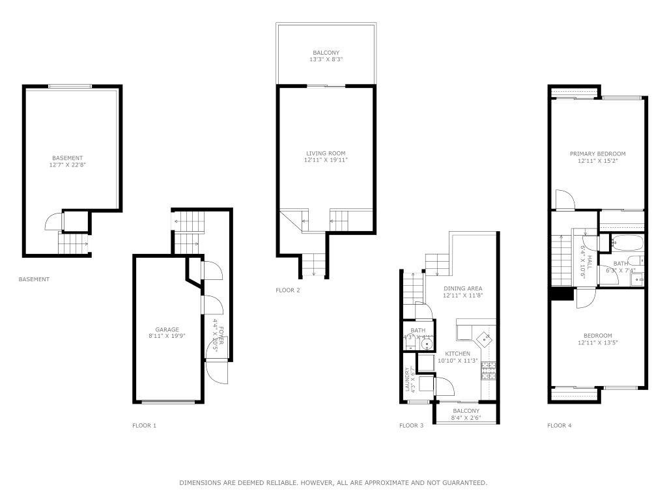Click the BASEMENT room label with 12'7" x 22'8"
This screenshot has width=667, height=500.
68,158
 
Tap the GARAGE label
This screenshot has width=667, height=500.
167,329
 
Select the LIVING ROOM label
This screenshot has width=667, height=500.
326,153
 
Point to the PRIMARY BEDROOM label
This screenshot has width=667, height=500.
597,154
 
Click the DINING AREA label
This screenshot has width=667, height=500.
463,288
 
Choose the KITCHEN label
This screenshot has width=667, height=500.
457,354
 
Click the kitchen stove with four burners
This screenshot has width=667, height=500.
489,371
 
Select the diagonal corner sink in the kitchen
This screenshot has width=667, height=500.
484,338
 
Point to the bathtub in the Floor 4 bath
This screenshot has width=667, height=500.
627,244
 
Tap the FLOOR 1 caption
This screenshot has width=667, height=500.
144,426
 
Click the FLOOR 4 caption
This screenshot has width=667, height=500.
560,426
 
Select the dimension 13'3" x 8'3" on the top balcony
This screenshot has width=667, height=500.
326,60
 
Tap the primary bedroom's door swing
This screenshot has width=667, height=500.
563,199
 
